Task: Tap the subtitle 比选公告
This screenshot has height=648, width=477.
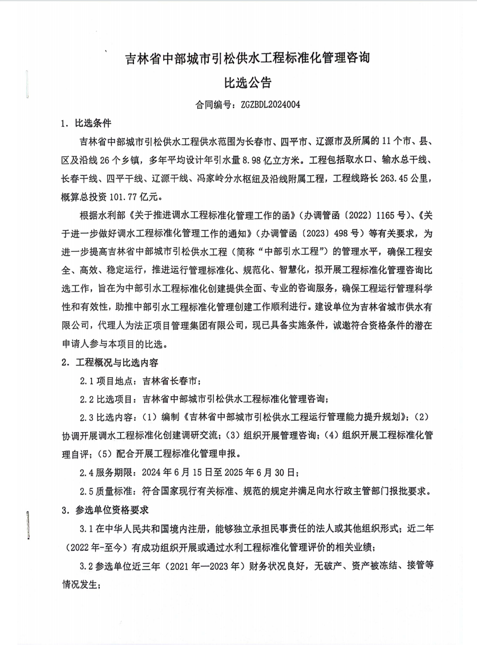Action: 238,83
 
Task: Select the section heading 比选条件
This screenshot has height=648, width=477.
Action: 93,123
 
